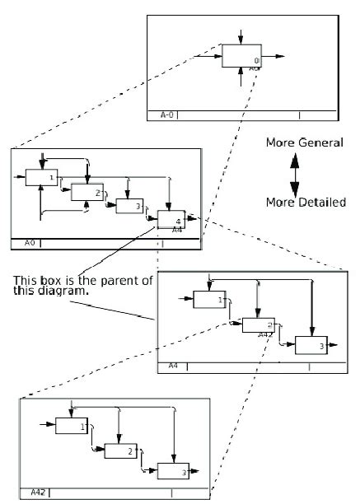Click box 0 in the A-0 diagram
[x=241, y=56]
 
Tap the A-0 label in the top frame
[x=166, y=115]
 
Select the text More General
[x=304, y=143]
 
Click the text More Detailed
[x=305, y=202]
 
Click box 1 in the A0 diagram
[x=41, y=177]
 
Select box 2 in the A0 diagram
[x=86, y=193]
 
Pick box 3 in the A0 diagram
[x=129, y=206]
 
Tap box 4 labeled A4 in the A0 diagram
[x=171, y=220]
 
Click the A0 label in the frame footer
[x=29, y=243]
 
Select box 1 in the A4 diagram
[x=209, y=300]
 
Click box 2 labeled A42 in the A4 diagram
[x=258, y=324]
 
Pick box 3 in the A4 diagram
[x=311, y=347]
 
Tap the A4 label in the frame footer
[x=173, y=365]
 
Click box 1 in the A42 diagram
[x=72, y=426]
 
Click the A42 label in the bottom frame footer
[x=38, y=492]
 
